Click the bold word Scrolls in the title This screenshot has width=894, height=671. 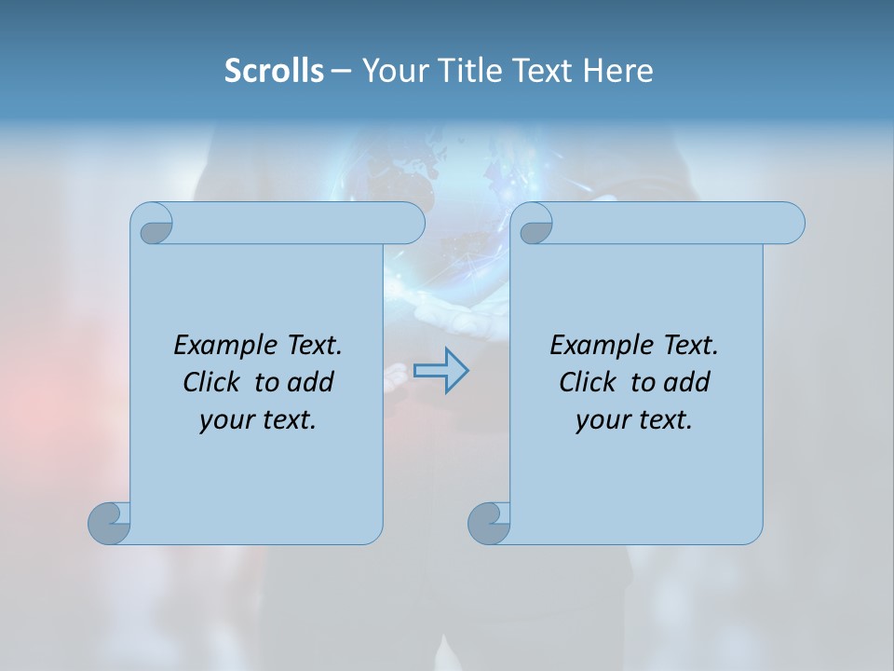[274, 71]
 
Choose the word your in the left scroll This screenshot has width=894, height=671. [223, 420]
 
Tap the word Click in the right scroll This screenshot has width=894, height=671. [587, 382]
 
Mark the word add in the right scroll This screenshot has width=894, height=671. [688, 382]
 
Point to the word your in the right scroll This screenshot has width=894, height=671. [600, 420]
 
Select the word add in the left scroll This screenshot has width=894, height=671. [312, 382]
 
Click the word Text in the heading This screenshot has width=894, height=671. [542, 71]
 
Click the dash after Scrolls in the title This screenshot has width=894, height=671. [341, 71]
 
